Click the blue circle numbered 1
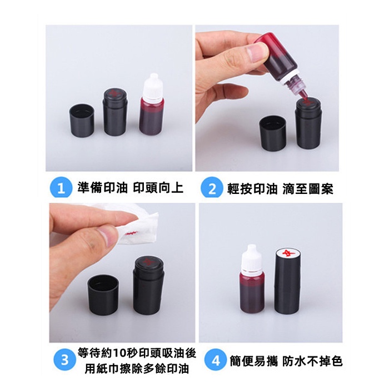[x=61, y=188]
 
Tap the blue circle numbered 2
[x=212, y=188]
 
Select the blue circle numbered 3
[x=64, y=360]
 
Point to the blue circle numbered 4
[x=216, y=361]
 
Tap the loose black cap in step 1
[x=82, y=120]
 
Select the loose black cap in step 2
[x=273, y=133]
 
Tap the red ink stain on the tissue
[x=132, y=233]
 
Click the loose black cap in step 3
[x=103, y=295]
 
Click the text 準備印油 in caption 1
[x=102, y=188]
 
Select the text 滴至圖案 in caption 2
[x=308, y=189]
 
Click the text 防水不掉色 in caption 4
[x=312, y=361]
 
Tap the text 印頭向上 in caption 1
[x=158, y=188]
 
